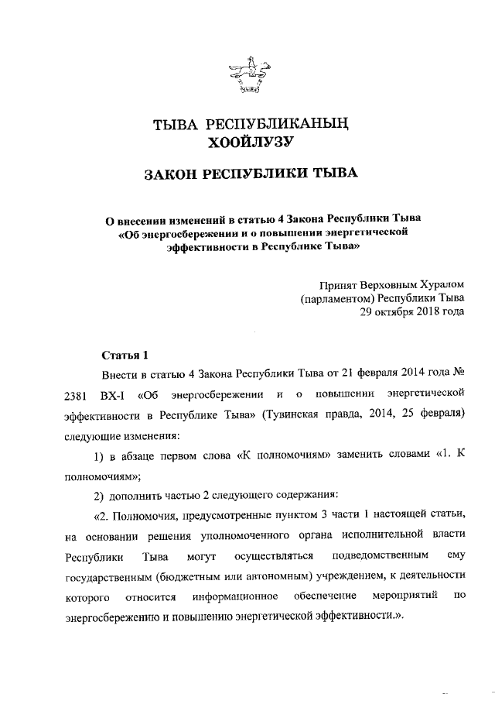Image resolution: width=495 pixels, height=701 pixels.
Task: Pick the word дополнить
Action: (137, 495)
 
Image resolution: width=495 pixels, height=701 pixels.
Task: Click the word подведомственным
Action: (378, 556)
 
